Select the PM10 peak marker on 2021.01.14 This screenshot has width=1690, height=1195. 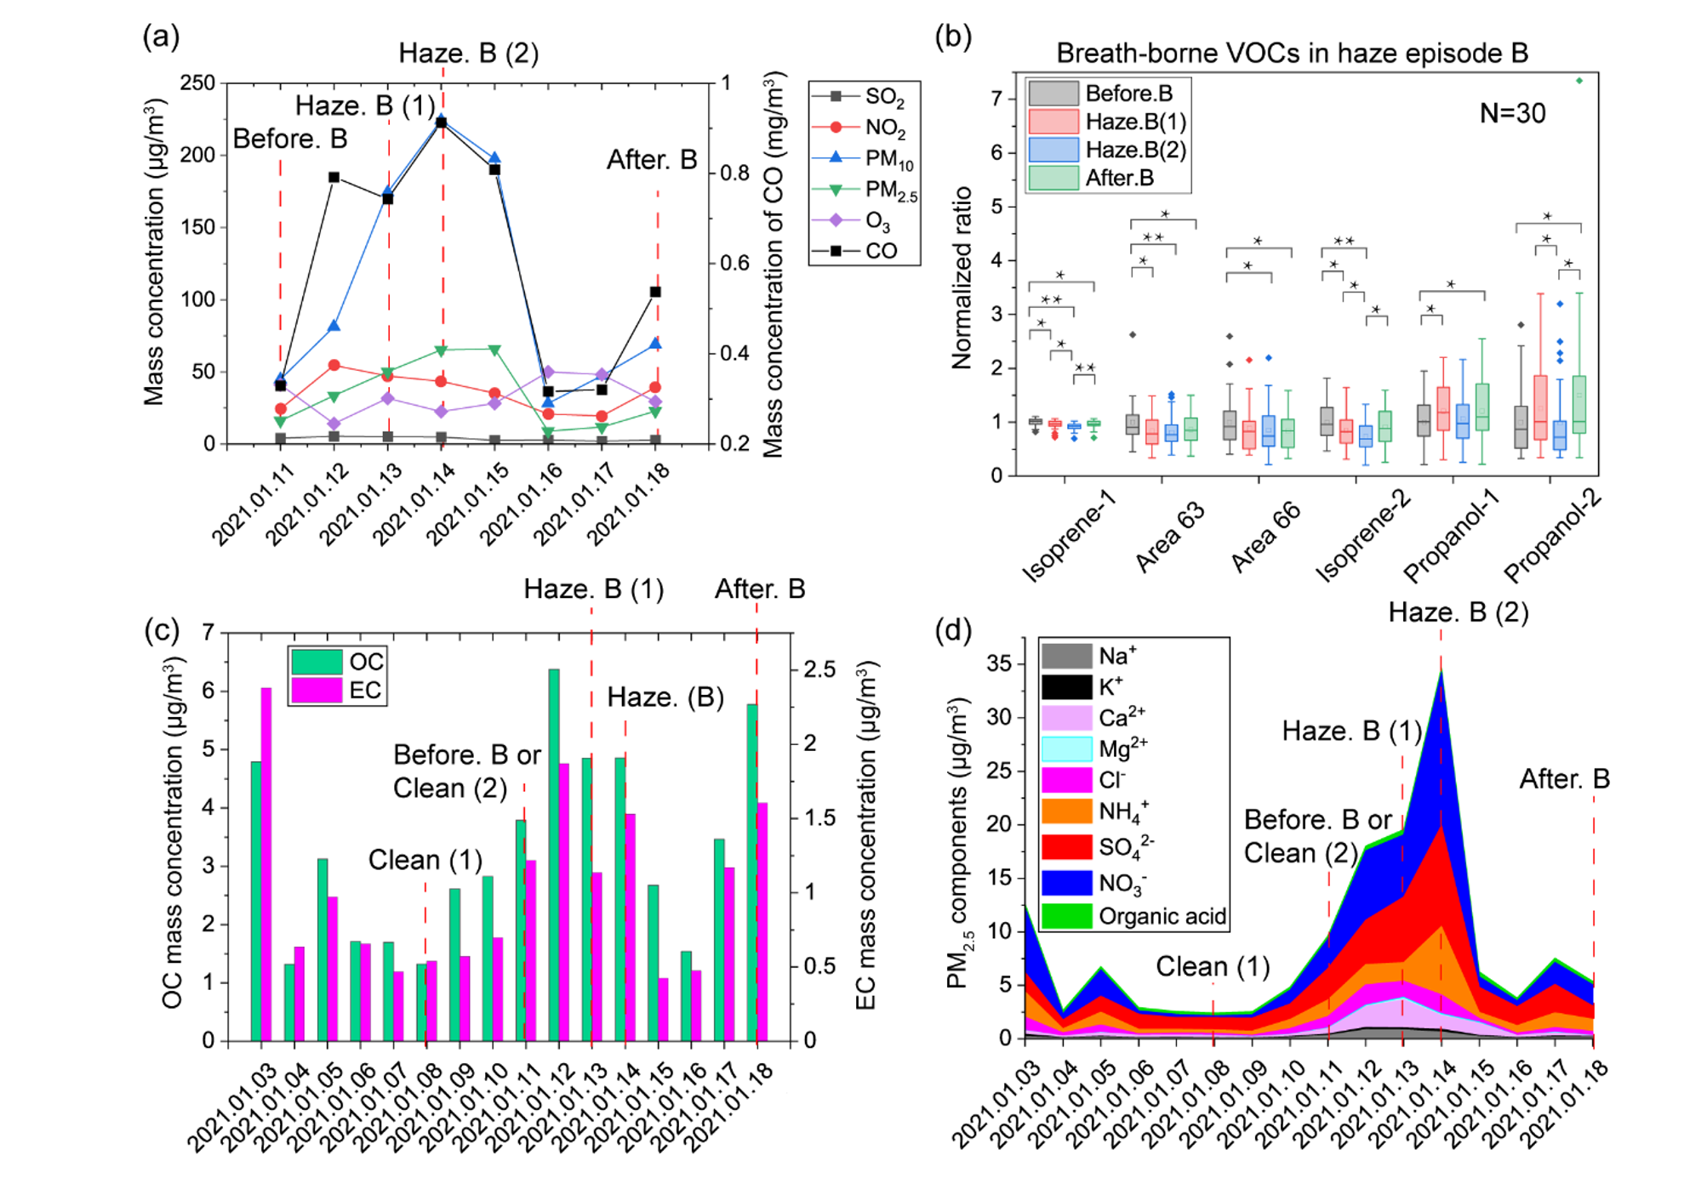[x=442, y=120]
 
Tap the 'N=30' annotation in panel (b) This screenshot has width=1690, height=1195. [x=1511, y=113]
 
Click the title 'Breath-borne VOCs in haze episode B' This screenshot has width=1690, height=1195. [x=1292, y=54]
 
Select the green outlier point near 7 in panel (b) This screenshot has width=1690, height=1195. [x=1579, y=81]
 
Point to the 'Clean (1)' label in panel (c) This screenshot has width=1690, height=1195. [x=425, y=860]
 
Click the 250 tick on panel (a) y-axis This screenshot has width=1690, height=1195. [x=197, y=83]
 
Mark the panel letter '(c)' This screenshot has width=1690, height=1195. [x=162, y=629]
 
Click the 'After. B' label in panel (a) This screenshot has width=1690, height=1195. [x=651, y=160]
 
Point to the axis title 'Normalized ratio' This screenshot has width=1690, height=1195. [x=962, y=277]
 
